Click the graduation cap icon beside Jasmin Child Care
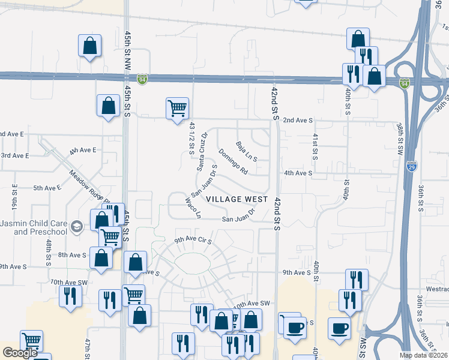(x=76, y=226)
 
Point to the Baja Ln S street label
(x=246, y=152)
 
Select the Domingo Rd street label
(x=233, y=161)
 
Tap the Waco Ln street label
(x=193, y=209)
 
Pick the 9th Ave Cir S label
(x=194, y=241)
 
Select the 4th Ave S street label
(x=298, y=173)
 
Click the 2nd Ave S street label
(x=298, y=121)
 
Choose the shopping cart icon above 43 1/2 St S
(x=176, y=109)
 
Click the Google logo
(x=20, y=353)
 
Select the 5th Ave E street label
(x=47, y=188)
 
